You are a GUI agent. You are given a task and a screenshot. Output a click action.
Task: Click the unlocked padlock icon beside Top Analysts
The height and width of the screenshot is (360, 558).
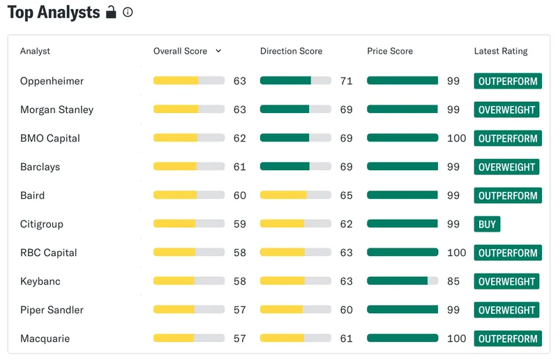pos(111,12)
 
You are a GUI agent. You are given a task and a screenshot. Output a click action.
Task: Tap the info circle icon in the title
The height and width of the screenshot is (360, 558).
pos(128,13)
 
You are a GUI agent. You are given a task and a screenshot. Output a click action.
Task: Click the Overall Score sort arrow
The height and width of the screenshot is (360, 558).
pos(218,51)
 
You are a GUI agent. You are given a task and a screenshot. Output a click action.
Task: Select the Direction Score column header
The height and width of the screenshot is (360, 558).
pos(291,51)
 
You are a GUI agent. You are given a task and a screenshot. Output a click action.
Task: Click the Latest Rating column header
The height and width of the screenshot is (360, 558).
pos(501,51)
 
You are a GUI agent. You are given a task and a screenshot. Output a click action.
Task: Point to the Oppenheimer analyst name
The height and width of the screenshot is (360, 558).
pos(52,81)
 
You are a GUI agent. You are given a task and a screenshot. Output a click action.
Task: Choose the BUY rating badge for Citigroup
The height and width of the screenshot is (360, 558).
pos(487,224)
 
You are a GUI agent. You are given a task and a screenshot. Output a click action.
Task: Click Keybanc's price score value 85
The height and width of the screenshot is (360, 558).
pos(453,281)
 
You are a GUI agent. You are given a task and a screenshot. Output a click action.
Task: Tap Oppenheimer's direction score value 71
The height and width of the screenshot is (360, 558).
pos(346,81)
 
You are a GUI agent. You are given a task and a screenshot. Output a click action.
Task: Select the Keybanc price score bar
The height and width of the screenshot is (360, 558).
pos(402,281)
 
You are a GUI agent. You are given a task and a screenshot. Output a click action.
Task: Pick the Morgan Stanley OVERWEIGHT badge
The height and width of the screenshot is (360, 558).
pos(506,110)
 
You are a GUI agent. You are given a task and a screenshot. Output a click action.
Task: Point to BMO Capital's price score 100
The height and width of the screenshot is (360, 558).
pos(457,138)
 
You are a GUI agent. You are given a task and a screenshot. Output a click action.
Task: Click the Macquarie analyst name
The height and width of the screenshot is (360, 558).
pos(45,338)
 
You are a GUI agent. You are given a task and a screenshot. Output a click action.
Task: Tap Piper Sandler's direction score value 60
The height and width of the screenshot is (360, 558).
pos(346,310)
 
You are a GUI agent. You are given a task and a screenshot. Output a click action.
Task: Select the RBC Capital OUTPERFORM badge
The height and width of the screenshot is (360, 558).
pos(508,253)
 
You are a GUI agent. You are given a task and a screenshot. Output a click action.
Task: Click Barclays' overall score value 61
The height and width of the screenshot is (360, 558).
pos(239,167)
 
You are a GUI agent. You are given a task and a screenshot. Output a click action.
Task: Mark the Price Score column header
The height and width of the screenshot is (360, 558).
pos(390,51)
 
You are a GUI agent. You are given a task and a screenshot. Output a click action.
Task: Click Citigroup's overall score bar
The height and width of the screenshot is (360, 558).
pos(189,224)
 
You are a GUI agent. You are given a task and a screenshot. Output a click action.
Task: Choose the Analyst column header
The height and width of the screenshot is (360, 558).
pos(35,51)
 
